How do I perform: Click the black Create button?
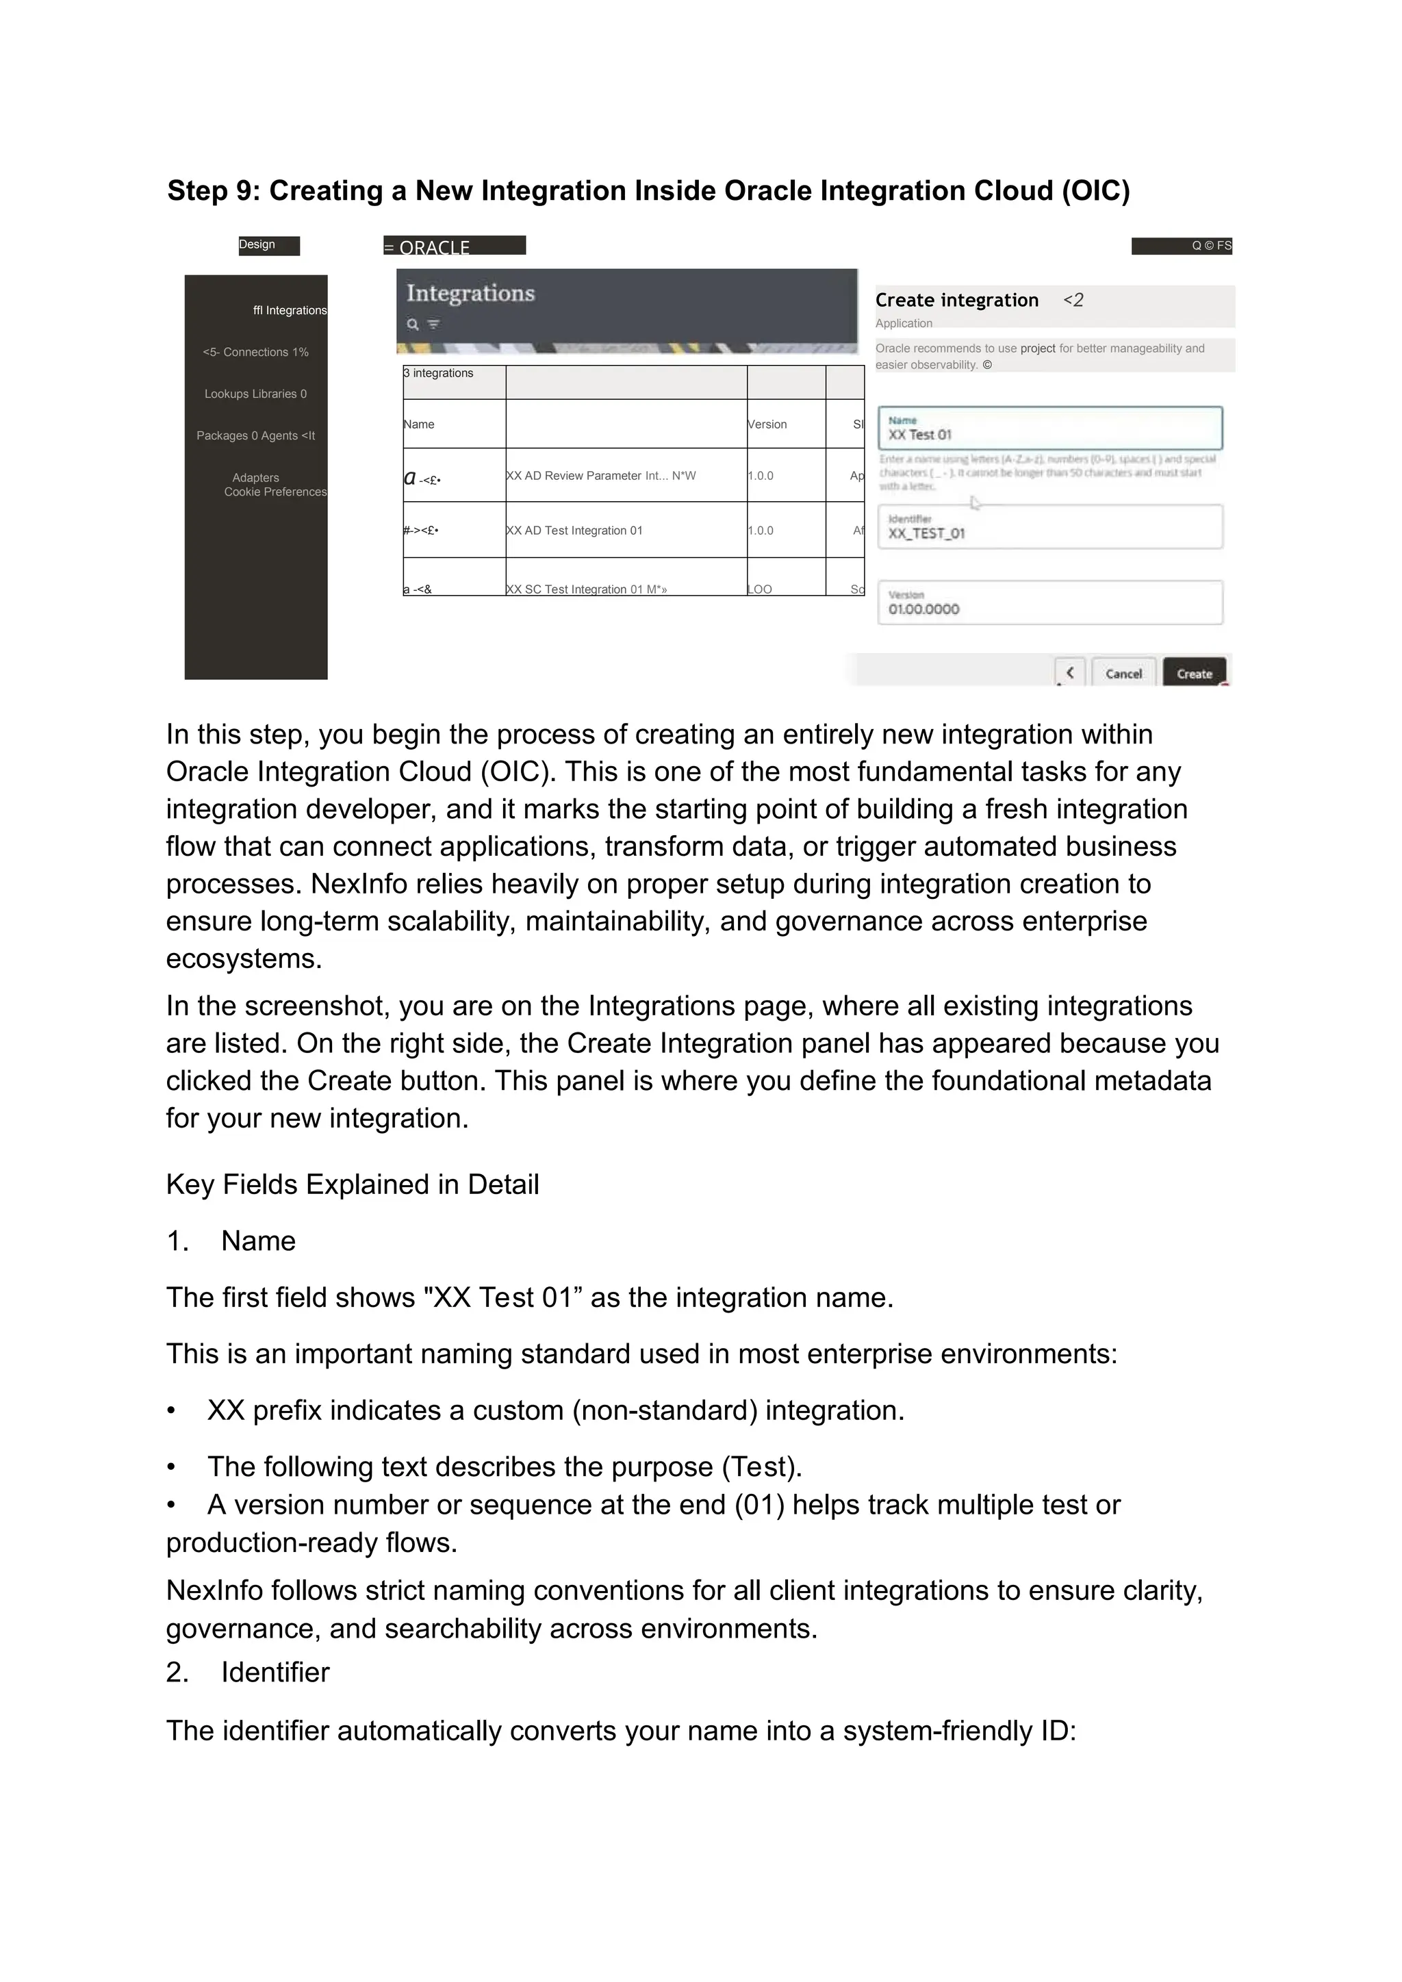pyautogui.click(x=1194, y=673)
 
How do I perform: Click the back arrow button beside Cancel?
pyautogui.click(x=1069, y=672)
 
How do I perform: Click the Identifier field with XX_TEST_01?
pyautogui.click(x=1049, y=526)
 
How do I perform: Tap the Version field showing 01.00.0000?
pyautogui.click(x=1049, y=602)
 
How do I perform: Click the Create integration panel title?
pyautogui.click(x=956, y=301)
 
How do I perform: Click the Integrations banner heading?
pyautogui.click(x=470, y=294)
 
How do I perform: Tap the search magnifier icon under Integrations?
pyautogui.click(x=413, y=325)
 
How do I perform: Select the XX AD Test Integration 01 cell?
pyautogui.click(x=574, y=531)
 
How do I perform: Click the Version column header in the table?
pyautogui.click(x=767, y=424)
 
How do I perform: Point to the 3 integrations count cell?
pyautogui.click(x=439, y=374)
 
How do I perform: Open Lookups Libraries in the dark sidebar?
pyautogui.click(x=255, y=394)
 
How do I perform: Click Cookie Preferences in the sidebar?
pyautogui.click(x=275, y=492)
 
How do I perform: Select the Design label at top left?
pyautogui.click(x=257, y=245)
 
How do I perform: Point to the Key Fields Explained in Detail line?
pyautogui.click(x=353, y=1184)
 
